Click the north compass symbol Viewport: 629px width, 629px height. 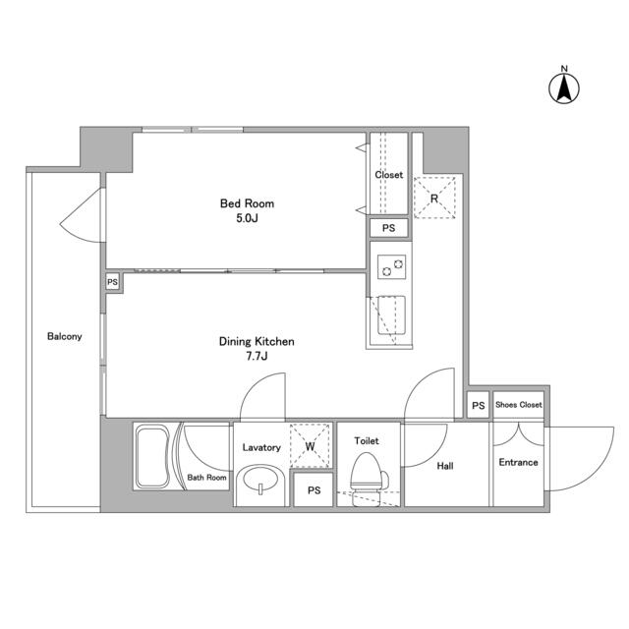click(x=564, y=86)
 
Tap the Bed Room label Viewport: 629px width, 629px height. click(x=247, y=204)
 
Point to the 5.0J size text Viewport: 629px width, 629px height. click(x=247, y=219)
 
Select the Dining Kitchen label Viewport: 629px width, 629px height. click(x=257, y=342)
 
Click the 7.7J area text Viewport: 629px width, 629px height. click(x=257, y=357)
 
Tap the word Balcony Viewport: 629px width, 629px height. click(x=65, y=336)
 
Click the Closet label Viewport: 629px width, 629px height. click(x=389, y=175)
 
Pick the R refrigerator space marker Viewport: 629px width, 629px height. click(x=434, y=197)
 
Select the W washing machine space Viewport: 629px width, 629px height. click(x=310, y=447)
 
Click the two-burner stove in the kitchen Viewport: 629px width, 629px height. click(x=391, y=265)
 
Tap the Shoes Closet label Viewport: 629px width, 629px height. click(x=518, y=405)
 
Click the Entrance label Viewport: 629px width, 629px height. click(x=518, y=462)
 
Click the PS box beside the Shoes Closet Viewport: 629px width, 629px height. click(x=478, y=405)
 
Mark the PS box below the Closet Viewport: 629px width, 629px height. click(x=389, y=228)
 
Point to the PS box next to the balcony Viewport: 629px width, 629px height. click(x=113, y=282)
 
